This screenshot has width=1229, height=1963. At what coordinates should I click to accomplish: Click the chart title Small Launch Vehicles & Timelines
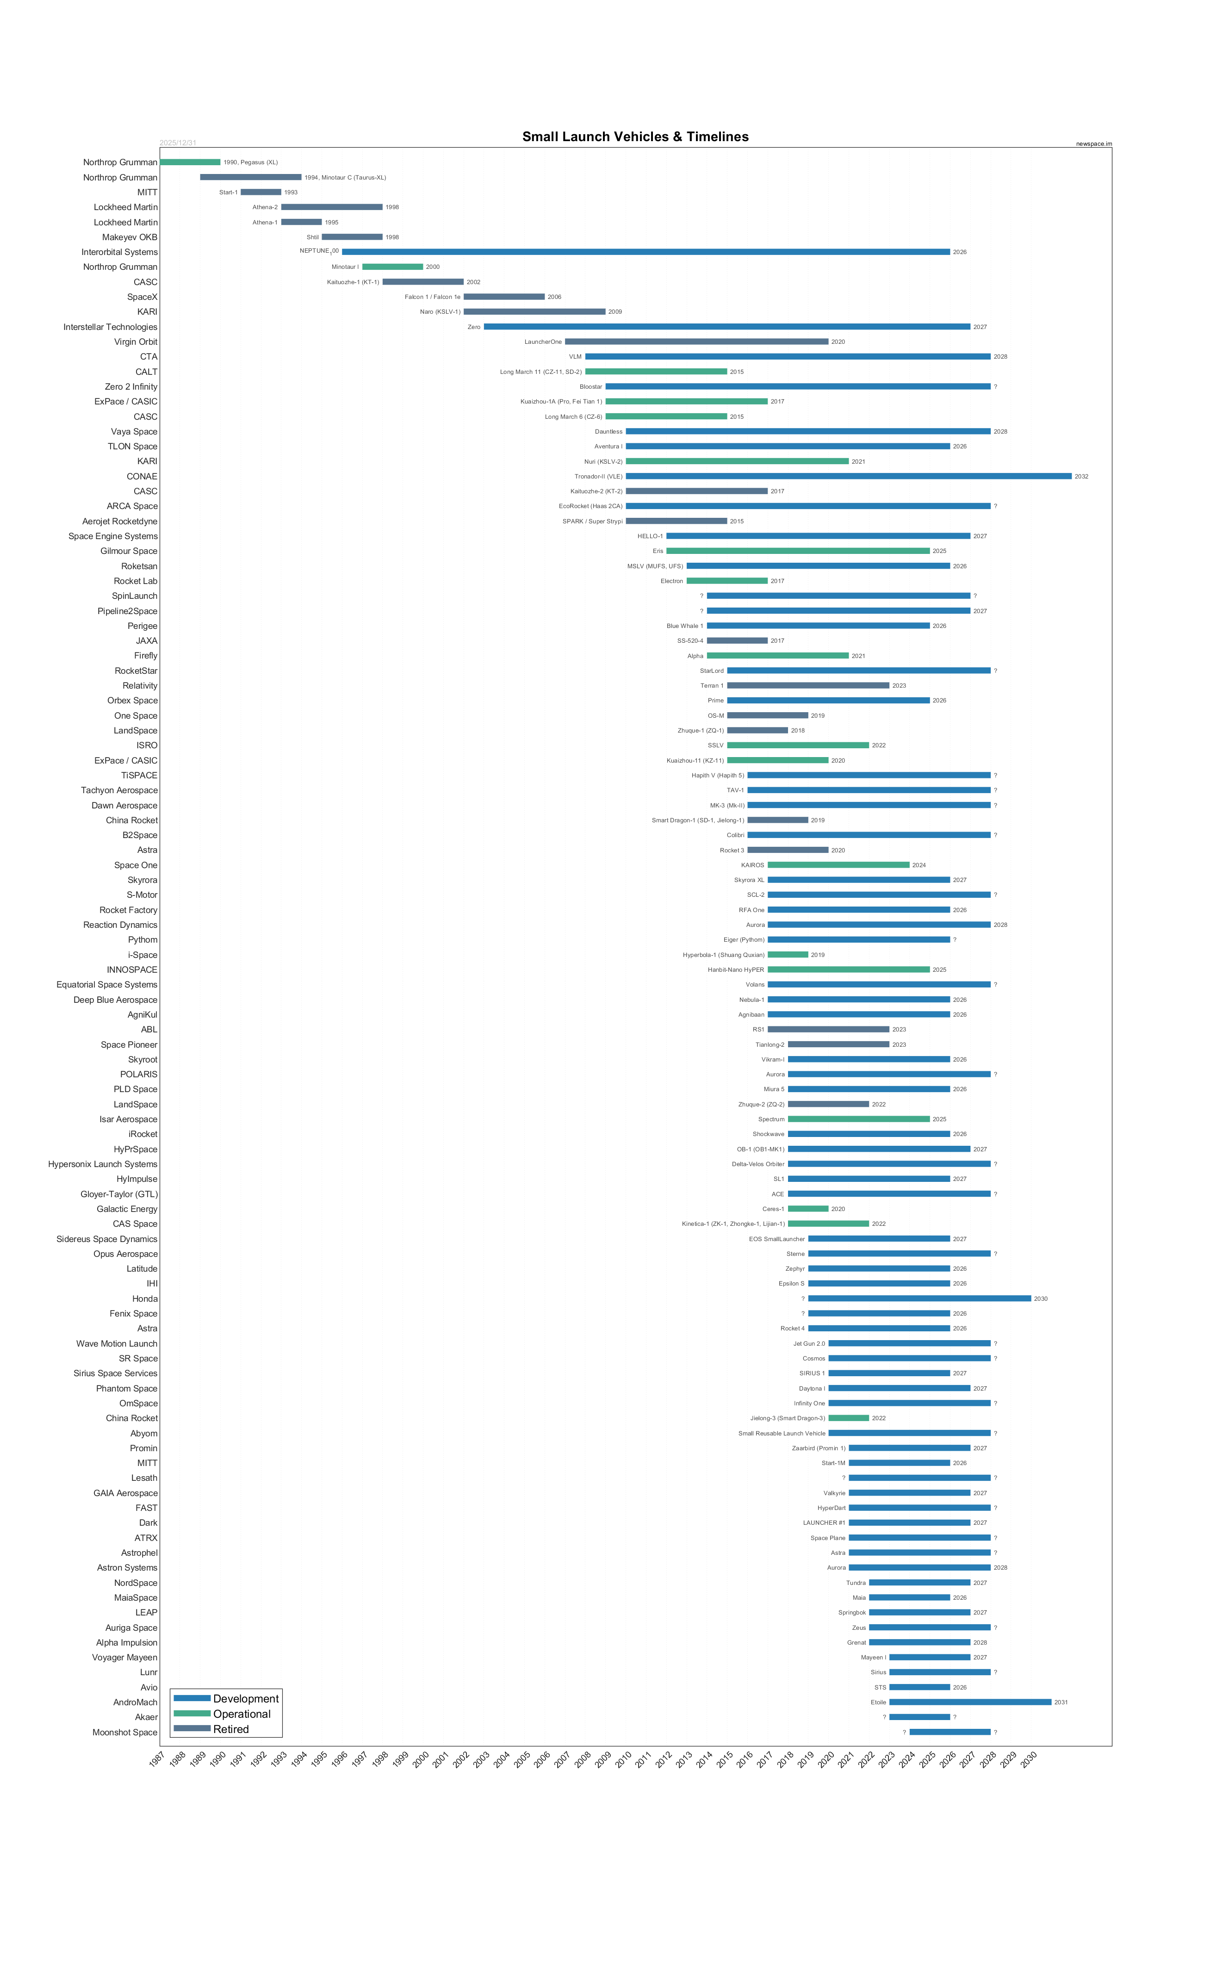click(x=635, y=137)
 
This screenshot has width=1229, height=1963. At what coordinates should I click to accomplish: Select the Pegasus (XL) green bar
click(x=190, y=162)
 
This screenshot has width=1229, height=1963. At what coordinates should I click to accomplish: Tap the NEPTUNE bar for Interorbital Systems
click(x=646, y=252)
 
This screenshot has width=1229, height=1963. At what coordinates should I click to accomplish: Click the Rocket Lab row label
click(x=136, y=581)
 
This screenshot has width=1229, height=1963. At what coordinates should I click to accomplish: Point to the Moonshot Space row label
click(x=125, y=1732)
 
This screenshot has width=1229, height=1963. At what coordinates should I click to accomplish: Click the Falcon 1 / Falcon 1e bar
click(x=504, y=297)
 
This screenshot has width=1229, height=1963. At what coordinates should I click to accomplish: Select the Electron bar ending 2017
click(x=726, y=581)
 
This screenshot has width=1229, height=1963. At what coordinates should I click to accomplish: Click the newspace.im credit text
click(x=1093, y=144)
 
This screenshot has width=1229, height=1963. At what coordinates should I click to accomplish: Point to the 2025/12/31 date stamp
click(x=178, y=143)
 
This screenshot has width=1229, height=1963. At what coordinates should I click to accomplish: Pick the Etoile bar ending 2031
click(x=970, y=1702)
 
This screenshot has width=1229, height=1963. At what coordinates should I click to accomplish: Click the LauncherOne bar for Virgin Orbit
click(x=696, y=342)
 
